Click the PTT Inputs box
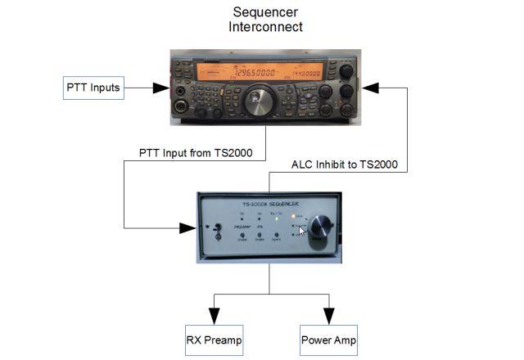[x=93, y=88]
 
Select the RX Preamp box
[x=214, y=340]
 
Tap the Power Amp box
[x=328, y=340]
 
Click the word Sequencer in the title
[x=265, y=12]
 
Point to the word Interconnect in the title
[x=265, y=27]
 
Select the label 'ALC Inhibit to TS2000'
[x=345, y=164]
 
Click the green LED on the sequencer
[x=279, y=218]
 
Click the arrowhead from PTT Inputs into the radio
[x=163, y=88]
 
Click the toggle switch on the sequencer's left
[x=219, y=227]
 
